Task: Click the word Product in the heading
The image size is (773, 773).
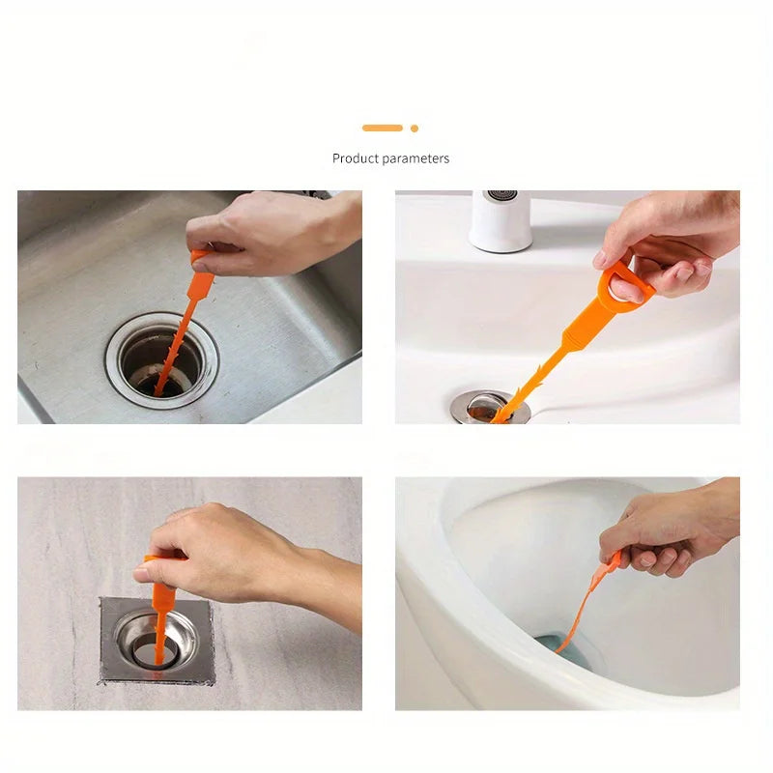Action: coord(355,158)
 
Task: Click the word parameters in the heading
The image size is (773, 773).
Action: coord(415,158)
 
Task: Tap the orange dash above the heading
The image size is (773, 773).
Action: coord(382,128)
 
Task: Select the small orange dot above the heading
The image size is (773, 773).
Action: coord(415,128)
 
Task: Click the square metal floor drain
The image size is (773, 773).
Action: coord(157,640)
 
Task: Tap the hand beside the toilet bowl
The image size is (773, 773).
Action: coord(657,531)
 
